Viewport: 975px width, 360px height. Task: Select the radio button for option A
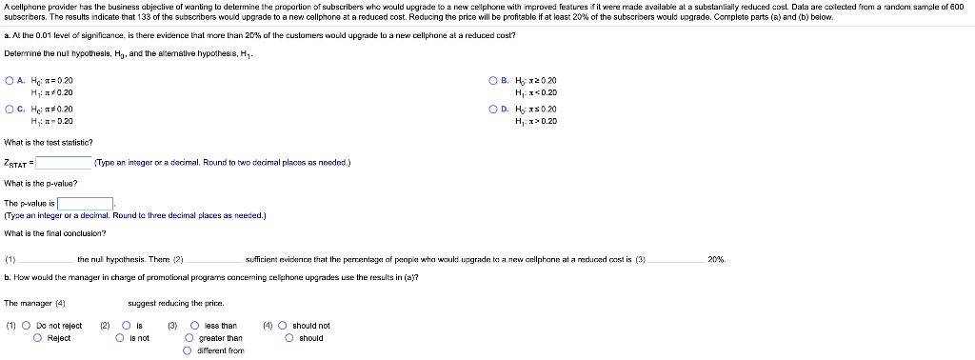9,81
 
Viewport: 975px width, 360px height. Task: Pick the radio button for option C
9,110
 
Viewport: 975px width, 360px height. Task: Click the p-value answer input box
86,203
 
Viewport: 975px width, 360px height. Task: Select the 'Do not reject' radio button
26,325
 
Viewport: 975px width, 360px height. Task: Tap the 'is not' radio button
120,337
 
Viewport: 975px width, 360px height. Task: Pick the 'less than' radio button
189,325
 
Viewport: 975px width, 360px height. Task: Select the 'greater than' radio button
189,337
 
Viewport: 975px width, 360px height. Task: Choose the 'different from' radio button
189,350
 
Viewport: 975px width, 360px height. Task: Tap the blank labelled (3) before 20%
675,259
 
